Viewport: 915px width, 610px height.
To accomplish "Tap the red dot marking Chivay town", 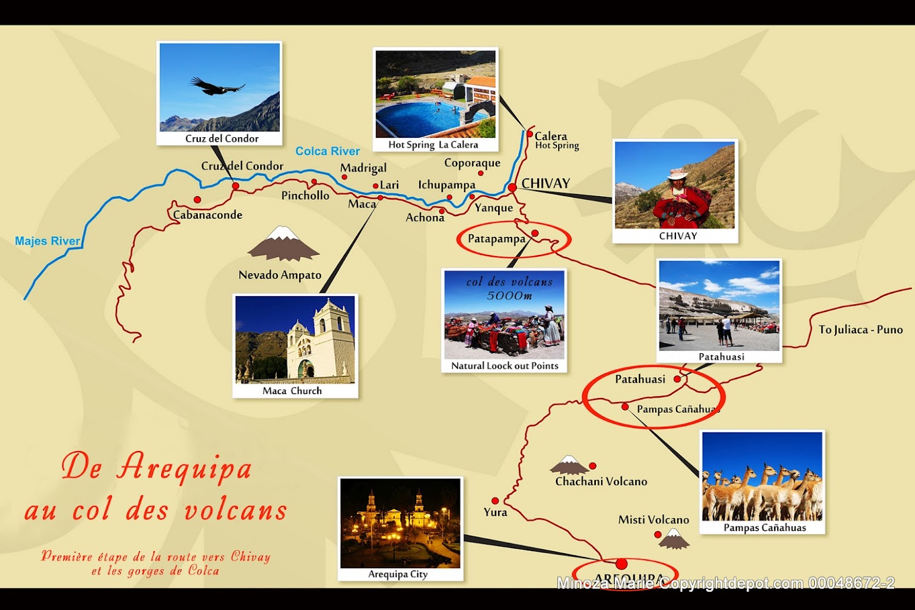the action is pyautogui.click(x=512, y=187).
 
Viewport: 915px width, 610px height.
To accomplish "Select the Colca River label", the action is pyautogui.click(x=327, y=151).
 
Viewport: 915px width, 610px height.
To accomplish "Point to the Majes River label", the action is pyautogui.click(x=47, y=241).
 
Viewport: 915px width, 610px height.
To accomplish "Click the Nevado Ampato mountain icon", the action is pyautogui.click(x=283, y=244).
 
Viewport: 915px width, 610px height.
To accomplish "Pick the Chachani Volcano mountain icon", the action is pyautogui.click(x=569, y=465).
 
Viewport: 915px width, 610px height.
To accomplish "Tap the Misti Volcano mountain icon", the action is pyautogui.click(x=674, y=539).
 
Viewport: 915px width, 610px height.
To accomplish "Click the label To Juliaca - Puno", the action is pyautogui.click(x=860, y=330).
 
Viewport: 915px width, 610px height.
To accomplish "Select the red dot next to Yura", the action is pyautogui.click(x=495, y=501).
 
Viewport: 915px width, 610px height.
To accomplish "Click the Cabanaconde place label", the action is pyautogui.click(x=208, y=215).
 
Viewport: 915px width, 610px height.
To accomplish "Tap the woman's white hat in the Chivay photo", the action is pyautogui.click(x=678, y=174).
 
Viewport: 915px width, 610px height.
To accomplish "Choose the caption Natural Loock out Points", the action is pyautogui.click(x=505, y=366).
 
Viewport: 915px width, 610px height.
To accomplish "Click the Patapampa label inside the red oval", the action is pyautogui.click(x=496, y=238).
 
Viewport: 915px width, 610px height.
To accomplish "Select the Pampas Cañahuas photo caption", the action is pyautogui.click(x=764, y=528).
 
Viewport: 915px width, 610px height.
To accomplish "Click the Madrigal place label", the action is pyautogui.click(x=363, y=168).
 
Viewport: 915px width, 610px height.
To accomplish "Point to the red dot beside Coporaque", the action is pyautogui.click(x=481, y=173).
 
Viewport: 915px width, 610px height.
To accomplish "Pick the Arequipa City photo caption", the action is pyautogui.click(x=398, y=574).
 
